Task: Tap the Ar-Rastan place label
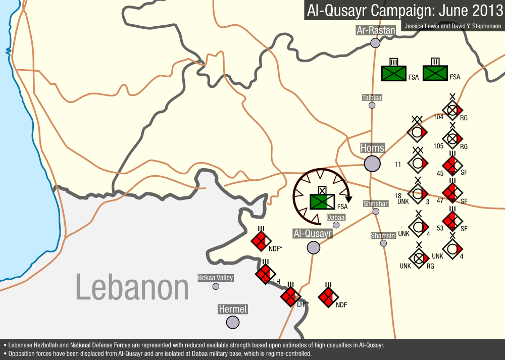pos(375,30)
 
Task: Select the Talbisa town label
pos(372,97)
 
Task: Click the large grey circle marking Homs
pos(372,164)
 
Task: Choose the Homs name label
pos(372,148)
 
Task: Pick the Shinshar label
pos(376,203)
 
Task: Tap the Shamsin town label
pos(383,236)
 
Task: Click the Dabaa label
pos(336,217)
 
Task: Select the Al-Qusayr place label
pos(313,234)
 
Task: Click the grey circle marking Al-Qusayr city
pos(314,247)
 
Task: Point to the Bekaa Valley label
pos(215,278)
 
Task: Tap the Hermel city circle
pos(233,322)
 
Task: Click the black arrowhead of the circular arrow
pos(348,198)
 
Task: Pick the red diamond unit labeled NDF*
pos(261,241)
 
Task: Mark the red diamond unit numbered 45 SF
pos(452,165)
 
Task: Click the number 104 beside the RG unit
pos(438,117)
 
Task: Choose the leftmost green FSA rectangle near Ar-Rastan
pos(394,73)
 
